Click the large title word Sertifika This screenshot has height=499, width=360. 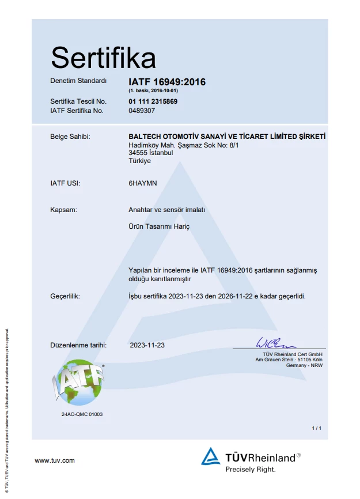103,58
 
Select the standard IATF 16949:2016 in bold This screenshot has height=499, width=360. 167,82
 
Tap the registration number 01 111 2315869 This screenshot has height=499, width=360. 153,101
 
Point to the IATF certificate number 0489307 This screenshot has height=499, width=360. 142,110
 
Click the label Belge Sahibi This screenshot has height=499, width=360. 70,137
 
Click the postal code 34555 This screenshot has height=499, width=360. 138,153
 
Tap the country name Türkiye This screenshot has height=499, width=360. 140,161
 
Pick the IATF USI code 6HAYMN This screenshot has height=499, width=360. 143,183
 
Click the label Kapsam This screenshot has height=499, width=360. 63,210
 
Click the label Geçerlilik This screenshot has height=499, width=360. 65,296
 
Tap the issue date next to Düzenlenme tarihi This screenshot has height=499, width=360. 147,345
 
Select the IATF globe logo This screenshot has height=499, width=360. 78,383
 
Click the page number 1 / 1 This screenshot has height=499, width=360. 316,428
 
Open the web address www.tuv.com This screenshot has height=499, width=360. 55,460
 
